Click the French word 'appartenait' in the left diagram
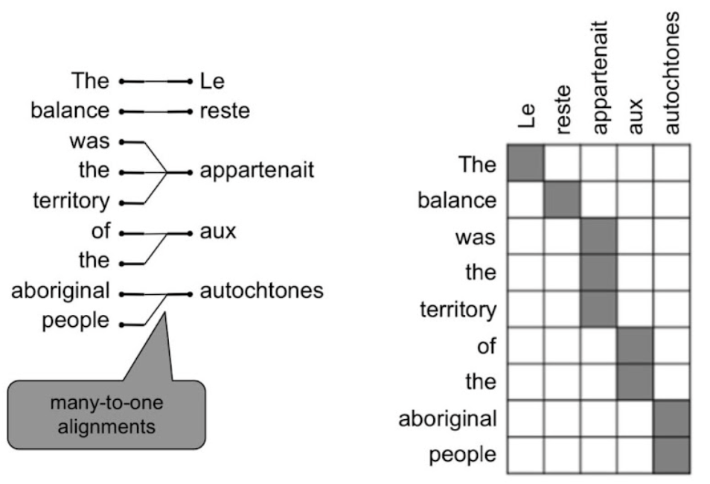click(x=257, y=171)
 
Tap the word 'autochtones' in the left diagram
click(x=261, y=290)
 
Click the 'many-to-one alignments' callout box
click(x=106, y=415)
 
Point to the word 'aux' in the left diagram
click(x=217, y=232)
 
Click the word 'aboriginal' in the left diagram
click(x=61, y=290)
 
